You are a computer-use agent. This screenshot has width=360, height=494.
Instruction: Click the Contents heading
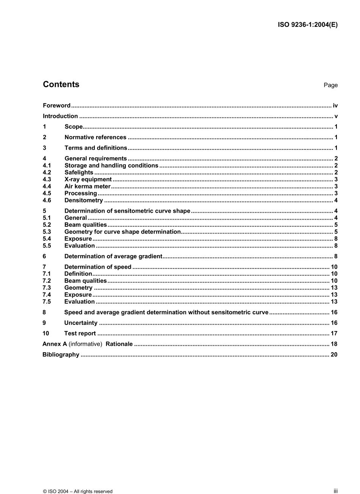[x=61, y=85]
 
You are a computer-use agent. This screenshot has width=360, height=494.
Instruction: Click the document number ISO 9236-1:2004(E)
[x=308, y=25]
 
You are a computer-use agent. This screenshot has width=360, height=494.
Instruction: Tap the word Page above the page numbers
[x=330, y=85]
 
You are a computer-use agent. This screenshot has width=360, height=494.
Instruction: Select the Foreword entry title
[x=56, y=105]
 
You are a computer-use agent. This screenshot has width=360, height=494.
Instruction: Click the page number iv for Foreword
[x=335, y=105]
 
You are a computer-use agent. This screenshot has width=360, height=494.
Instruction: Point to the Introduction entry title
[x=60, y=116]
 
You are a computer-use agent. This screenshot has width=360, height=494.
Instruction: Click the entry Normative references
[x=95, y=137]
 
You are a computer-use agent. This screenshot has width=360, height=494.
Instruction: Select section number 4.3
[x=47, y=179]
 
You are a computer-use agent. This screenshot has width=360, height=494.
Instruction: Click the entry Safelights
[x=79, y=173]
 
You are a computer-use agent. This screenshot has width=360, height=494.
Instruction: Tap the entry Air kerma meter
[x=88, y=187]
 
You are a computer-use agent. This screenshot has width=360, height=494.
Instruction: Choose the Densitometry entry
[x=84, y=201]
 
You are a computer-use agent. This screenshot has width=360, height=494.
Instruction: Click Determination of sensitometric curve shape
[x=127, y=211]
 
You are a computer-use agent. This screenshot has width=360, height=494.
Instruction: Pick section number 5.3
[x=47, y=232]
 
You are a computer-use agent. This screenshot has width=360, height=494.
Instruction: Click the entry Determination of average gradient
[x=113, y=256]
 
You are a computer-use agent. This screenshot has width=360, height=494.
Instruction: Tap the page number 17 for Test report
[x=334, y=334]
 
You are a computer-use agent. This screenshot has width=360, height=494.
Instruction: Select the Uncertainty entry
[x=81, y=323]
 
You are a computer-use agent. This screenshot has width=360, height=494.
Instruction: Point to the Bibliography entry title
[x=61, y=355]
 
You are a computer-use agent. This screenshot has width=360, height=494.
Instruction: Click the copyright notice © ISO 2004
[x=78, y=491]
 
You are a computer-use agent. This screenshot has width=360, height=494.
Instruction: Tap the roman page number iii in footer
[x=335, y=491]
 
